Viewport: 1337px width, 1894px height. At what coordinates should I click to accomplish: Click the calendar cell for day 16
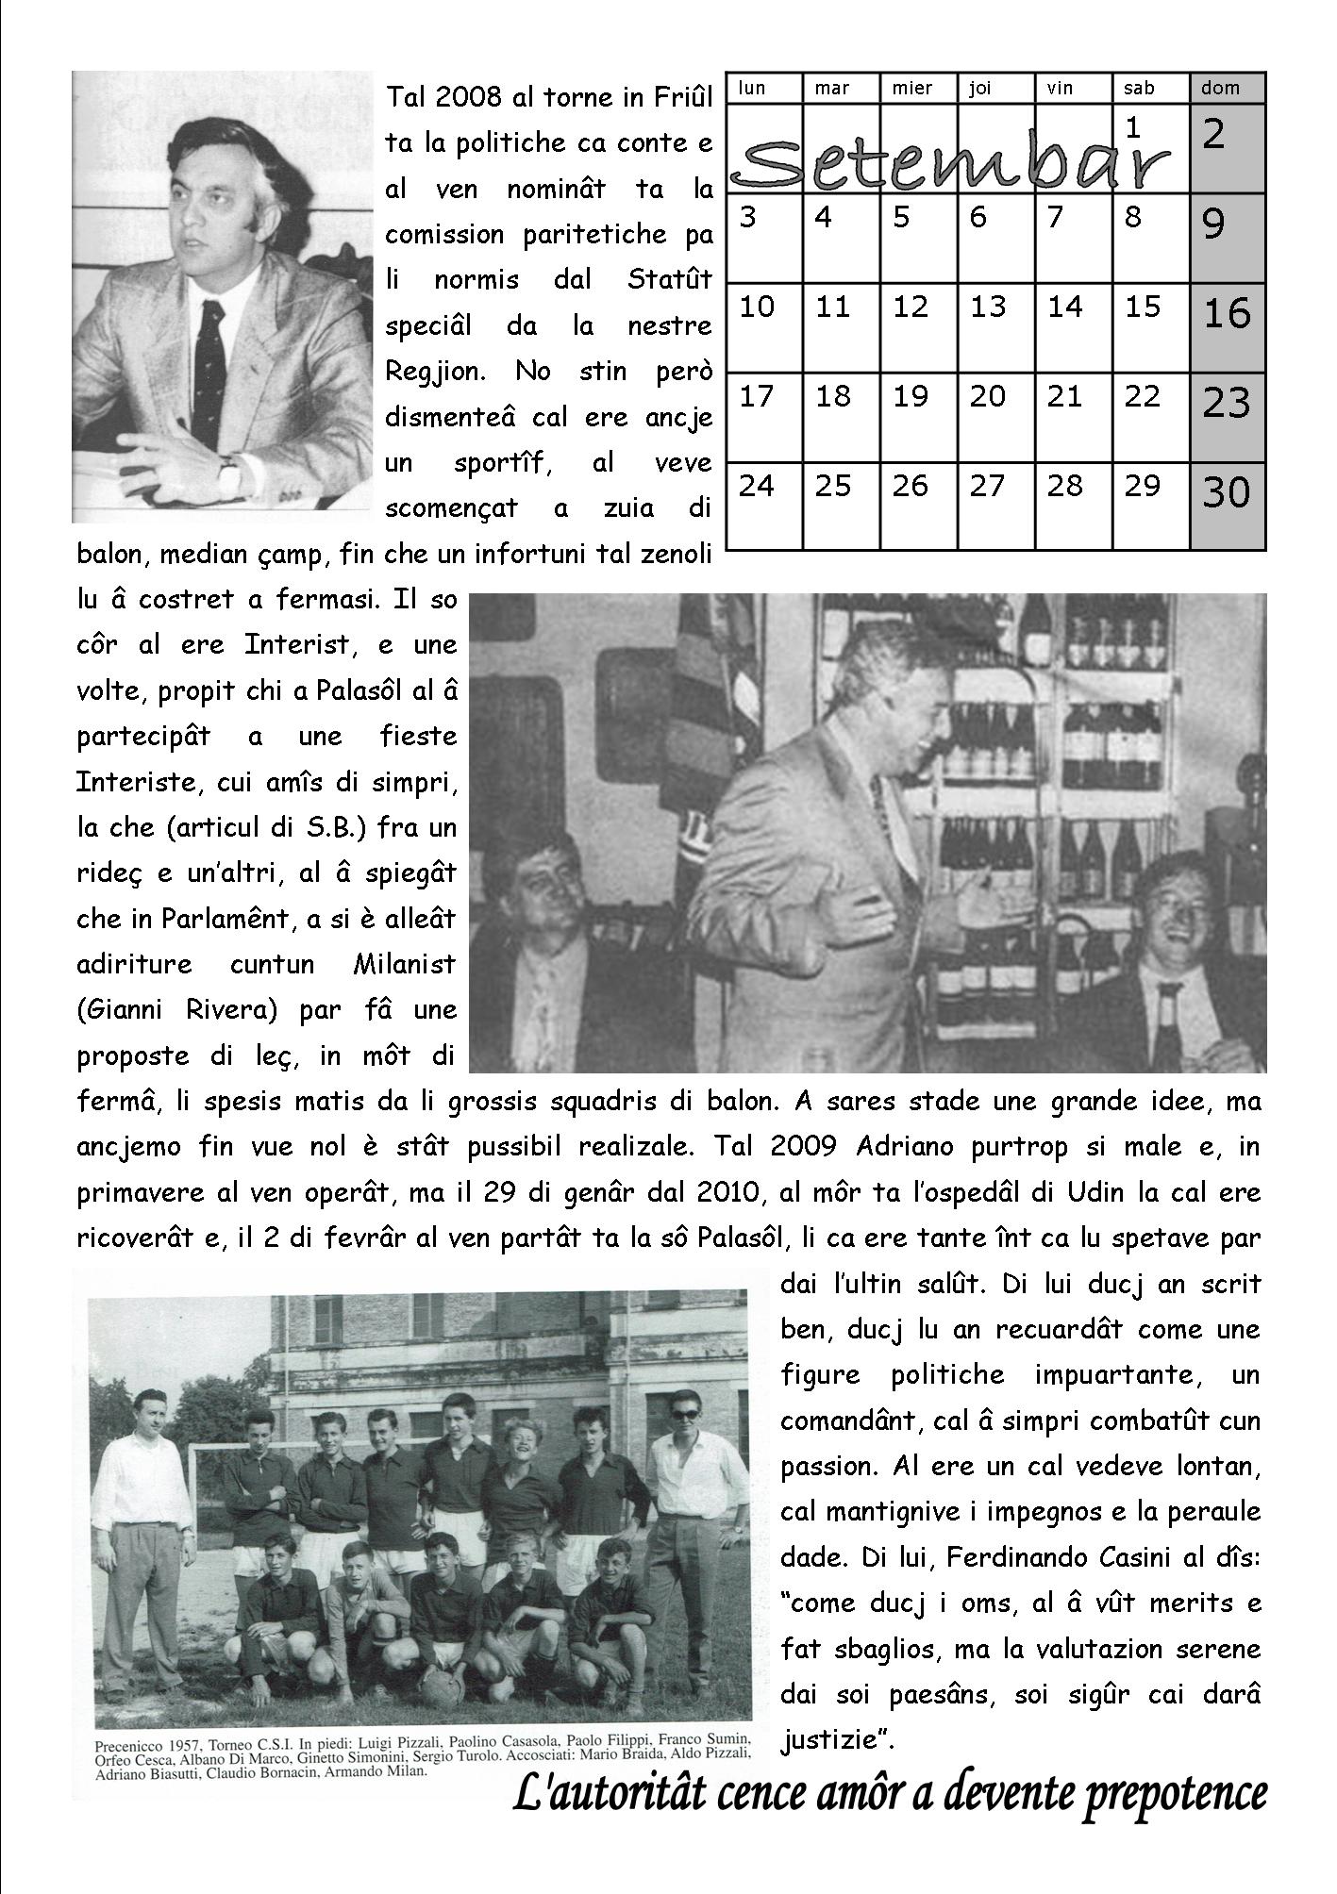tap(1227, 327)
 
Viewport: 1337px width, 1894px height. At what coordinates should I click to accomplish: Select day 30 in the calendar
tap(1227, 507)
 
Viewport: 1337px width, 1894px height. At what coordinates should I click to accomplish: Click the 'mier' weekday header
tap(912, 89)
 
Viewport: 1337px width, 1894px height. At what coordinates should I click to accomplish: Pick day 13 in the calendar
tap(995, 327)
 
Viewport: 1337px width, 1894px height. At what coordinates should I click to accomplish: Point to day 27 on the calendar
tap(995, 507)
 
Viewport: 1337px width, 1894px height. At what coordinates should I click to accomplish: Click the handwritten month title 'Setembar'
tap(948, 160)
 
